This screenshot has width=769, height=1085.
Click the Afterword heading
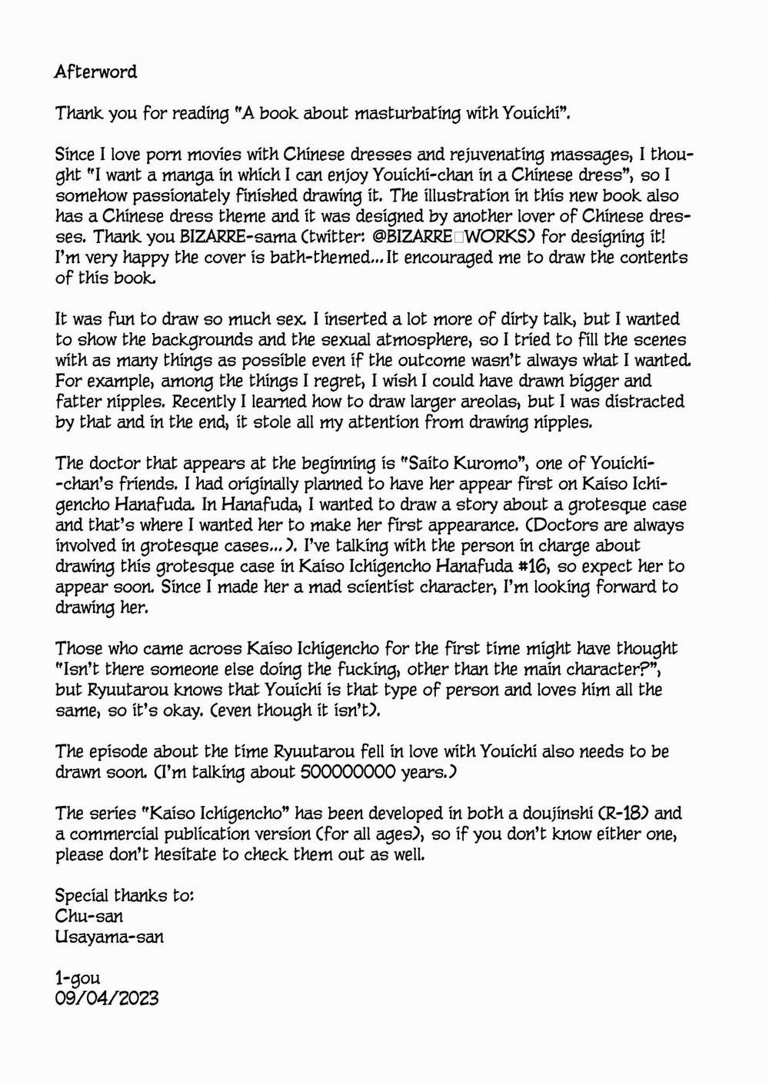point(95,72)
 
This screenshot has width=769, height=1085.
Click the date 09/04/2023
point(107,998)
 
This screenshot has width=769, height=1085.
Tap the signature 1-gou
point(78,978)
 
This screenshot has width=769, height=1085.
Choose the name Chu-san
point(89,917)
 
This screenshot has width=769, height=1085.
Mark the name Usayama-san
point(109,937)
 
